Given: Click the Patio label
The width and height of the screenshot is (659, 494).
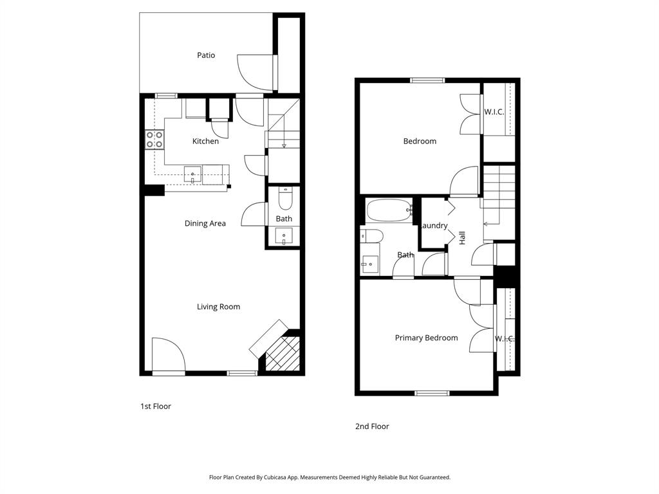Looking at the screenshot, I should (206, 55).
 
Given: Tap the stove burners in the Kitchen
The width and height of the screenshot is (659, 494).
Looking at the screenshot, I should (154, 140).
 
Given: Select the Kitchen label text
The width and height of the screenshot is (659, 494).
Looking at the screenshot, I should (205, 142).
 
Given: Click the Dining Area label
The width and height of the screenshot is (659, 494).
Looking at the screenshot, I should (205, 224).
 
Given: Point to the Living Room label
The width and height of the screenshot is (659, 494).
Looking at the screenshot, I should (218, 307).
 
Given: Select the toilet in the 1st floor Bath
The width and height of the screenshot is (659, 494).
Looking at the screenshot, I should (284, 198).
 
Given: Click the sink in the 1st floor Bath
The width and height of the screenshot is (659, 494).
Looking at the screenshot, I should (284, 236).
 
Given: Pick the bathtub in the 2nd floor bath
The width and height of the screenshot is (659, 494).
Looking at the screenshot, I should (389, 210).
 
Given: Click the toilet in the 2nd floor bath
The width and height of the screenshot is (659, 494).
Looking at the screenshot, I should (371, 236).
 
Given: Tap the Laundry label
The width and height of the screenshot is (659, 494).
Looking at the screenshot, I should (434, 226).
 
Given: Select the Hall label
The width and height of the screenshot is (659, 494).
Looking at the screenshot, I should (462, 237).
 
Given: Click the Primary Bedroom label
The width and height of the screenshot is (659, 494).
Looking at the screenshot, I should (426, 338).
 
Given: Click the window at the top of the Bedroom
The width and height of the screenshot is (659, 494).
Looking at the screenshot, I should (427, 80).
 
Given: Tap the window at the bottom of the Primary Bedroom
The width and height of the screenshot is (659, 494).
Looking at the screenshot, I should (432, 393).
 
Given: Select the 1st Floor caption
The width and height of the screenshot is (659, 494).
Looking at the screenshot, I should (155, 407).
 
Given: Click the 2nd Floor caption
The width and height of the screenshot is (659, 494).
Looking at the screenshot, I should (372, 426).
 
